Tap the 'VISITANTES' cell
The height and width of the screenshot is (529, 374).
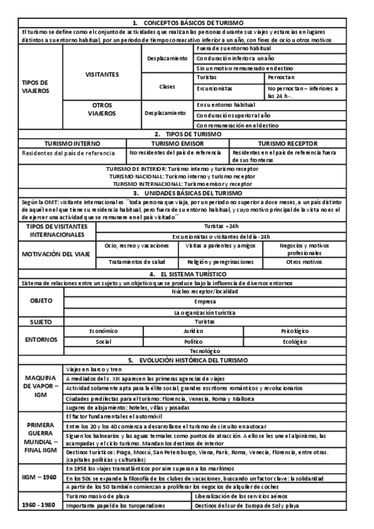(x=102, y=74)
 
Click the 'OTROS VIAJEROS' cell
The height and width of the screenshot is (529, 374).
(x=102, y=110)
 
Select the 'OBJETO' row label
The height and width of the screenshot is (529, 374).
(x=41, y=301)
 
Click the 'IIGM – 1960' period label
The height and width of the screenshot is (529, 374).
(x=41, y=477)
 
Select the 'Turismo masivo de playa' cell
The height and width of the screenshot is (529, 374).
(x=100, y=496)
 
